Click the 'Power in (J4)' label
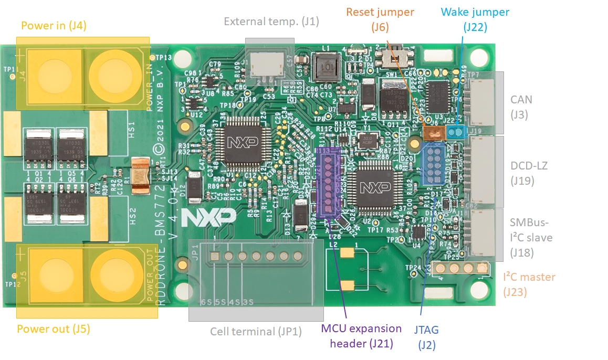pyautogui.click(x=54, y=25)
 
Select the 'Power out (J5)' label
pyautogui.click(x=54, y=330)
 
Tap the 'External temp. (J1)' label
pyautogui.click(x=271, y=22)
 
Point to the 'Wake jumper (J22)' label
pyautogui.click(x=475, y=18)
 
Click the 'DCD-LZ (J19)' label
pyautogui.click(x=529, y=173)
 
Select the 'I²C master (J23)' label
pyautogui.click(x=529, y=283)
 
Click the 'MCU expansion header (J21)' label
pyautogui.click(x=361, y=336)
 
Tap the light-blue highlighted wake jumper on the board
pyautogui.click(x=457, y=131)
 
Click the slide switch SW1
pyautogui.click(x=391, y=58)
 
